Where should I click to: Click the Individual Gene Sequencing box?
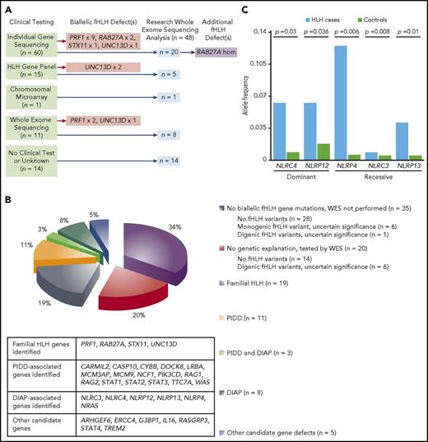tap(32, 44)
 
